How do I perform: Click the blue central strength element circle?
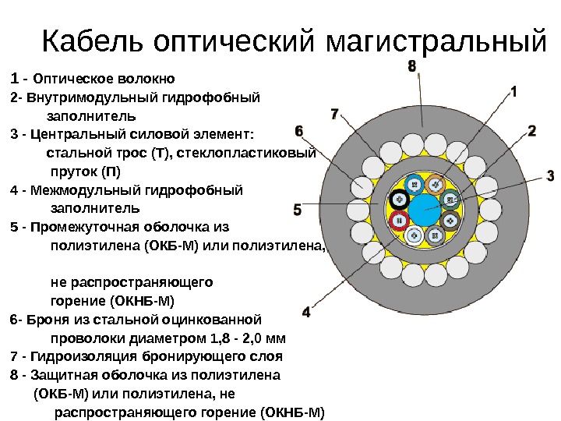point(425,210)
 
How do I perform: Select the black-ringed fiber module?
point(400,199)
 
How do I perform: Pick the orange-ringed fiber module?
point(435,185)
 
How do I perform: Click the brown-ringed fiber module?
point(450,221)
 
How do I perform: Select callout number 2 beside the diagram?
point(531,130)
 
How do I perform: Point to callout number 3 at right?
point(549,175)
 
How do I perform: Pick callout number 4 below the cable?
point(305,312)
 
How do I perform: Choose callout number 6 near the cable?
point(299,129)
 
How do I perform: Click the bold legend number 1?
point(15,78)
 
